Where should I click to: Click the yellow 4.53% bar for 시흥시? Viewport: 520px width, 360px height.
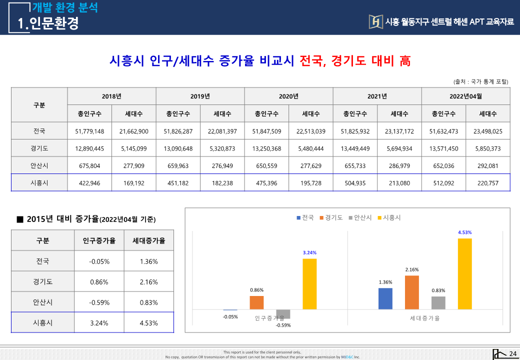pos(465,274)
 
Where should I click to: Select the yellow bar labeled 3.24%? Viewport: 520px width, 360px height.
pos(309,284)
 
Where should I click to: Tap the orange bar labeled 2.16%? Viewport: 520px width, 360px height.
pos(412,292)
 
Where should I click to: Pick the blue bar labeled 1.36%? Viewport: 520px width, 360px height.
pos(385,299)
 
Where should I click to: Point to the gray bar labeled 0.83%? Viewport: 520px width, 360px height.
pos(438,303)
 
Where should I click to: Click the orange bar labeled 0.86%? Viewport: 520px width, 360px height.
pos(256,303)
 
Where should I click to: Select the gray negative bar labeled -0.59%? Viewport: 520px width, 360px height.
pos(283,314)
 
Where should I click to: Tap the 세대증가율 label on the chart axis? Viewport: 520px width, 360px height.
pos(424,318)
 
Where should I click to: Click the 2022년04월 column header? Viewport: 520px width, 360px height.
pos(465,96)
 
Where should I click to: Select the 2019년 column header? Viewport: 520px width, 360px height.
pos(200,96)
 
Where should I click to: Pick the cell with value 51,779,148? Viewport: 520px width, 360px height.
pos(89,131)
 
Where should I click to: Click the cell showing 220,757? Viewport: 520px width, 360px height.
pos(487,183)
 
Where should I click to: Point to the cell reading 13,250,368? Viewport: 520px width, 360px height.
pos(266,148)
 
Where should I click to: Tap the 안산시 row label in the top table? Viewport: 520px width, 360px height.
pos(39,165)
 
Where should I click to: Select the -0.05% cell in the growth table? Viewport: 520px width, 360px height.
pos(99,261)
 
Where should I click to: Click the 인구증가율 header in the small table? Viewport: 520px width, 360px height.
pos(99,240)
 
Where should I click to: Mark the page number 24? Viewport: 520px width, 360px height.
pos(512,354)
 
